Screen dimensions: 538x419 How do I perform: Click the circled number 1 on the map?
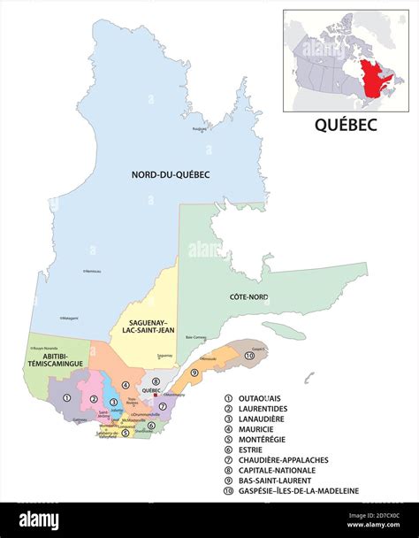coord(67,397)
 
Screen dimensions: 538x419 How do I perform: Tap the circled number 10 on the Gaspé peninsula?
coord(249,355)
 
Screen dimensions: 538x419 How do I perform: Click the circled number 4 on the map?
coord(126,386)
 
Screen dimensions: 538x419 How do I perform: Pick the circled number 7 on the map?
coord(163,406)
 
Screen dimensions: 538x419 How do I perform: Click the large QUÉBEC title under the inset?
coord(346,126)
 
